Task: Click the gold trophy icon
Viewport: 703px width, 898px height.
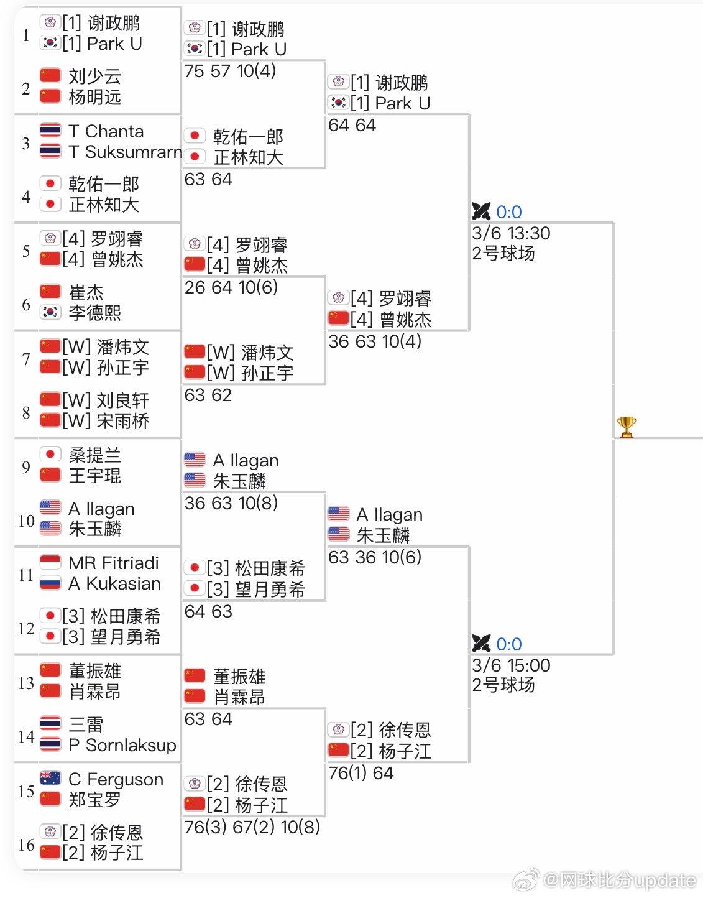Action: click(626, 427)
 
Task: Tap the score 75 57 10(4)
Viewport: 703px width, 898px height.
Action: click(230, 72)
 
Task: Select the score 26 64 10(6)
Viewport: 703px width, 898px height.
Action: click(231, 287)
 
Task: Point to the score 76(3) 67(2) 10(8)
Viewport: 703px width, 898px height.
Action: click(252, 826)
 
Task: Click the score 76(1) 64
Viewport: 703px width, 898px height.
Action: click(361, 773)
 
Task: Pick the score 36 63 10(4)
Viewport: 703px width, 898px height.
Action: click(374, 341)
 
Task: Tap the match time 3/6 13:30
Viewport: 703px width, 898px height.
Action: click(511, 233)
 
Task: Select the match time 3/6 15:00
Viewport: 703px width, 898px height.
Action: click(511, 665)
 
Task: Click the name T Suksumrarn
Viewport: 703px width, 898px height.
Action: click(125, 152)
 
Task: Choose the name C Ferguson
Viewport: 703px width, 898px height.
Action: click(116, 779)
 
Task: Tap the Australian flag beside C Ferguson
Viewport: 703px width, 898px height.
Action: click(50, 778)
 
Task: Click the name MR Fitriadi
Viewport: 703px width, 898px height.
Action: click(114, 563)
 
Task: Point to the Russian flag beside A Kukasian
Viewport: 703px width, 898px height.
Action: click(50, 583)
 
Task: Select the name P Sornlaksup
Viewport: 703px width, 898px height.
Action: click(122, 745)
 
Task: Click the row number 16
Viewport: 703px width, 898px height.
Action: click(26, 845)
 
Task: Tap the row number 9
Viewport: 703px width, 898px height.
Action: click(26, 467)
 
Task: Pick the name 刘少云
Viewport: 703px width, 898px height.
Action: click(94, 76)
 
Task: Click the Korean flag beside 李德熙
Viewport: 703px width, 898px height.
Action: click(50, 312)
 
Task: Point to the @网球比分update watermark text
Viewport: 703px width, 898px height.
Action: click(619, 881)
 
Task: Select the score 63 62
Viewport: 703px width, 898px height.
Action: click(208, 396)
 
